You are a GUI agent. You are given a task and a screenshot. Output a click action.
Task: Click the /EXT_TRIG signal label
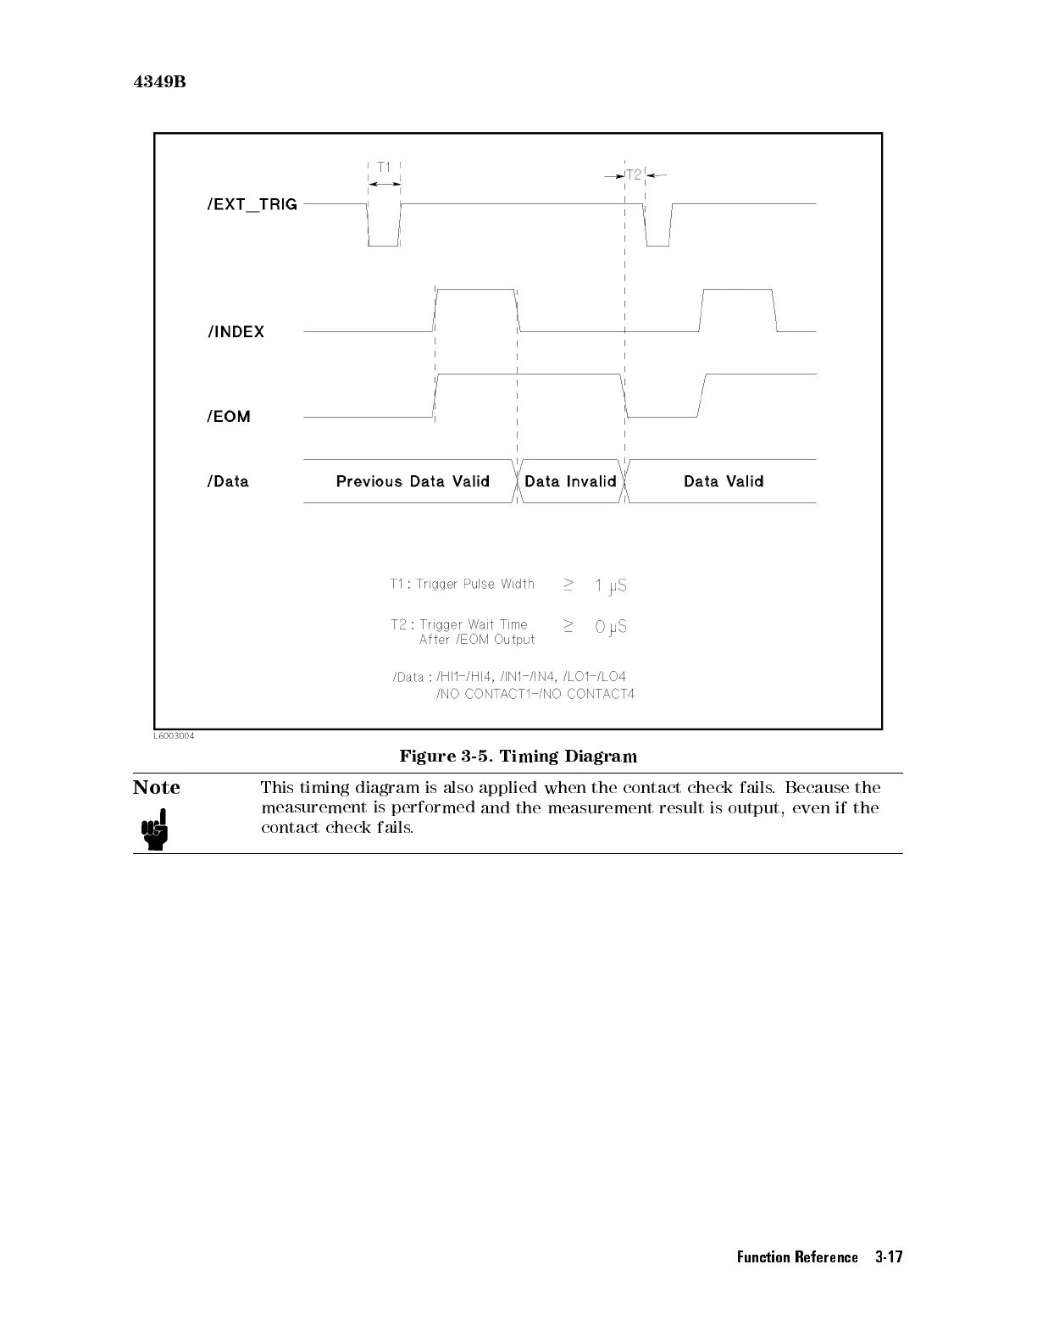coord(252,204)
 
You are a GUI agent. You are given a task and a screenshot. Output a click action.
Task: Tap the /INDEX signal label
coord(236,332)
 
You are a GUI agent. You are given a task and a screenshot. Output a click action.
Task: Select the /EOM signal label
coord(229,417)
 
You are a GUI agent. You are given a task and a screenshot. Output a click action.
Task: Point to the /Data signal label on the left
coord(228,482)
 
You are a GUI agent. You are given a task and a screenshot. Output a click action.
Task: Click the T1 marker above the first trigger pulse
coord(384,168)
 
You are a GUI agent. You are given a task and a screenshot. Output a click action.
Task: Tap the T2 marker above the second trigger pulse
coord(634,175)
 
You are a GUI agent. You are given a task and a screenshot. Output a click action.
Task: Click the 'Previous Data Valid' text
coord(413,482)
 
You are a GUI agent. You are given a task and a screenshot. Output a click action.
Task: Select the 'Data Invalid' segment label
coord(570,482)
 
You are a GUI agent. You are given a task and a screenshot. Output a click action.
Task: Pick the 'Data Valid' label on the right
coord(724,482)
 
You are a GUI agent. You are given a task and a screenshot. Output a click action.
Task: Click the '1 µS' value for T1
coord(610,585)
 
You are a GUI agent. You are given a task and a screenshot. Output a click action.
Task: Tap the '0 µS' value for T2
coord(610,627)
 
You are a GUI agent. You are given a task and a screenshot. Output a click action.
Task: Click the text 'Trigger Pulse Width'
coord(475,585)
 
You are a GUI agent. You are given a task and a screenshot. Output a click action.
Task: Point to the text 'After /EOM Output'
coord(477,640)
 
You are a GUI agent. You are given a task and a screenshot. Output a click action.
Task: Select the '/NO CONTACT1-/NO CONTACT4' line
coord(535,694)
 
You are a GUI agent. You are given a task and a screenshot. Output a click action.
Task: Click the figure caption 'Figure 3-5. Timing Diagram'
coord(518,756)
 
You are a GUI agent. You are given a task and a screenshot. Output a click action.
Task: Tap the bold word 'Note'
coord(157,788)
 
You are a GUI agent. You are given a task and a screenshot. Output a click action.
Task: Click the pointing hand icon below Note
coord(154,829)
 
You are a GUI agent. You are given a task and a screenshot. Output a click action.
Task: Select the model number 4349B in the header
coord(159,82)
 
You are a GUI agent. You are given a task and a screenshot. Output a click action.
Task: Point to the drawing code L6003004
coord(174,736)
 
